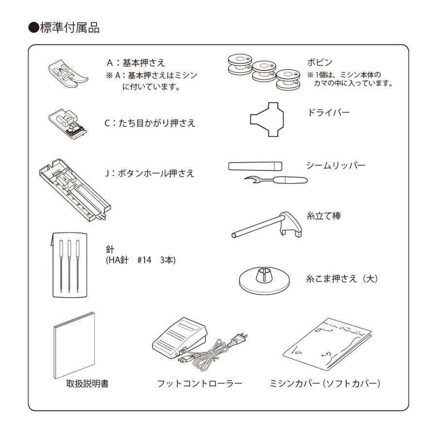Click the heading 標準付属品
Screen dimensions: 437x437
67,28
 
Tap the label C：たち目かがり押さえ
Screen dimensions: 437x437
151,123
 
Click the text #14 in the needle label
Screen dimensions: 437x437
144,260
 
